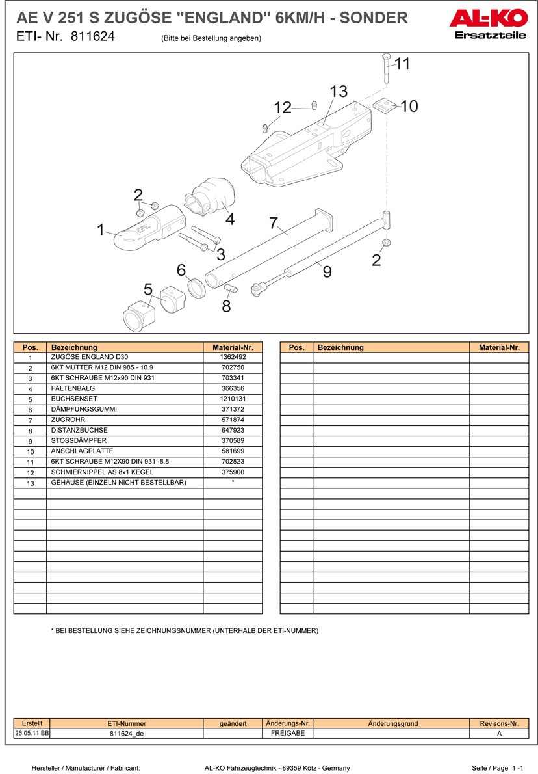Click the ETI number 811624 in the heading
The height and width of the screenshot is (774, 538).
point(92,37)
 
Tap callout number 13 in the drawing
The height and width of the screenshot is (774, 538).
point(339,92)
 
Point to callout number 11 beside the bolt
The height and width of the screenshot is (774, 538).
point(403,64)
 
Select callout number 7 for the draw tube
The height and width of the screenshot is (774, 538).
point(274,223)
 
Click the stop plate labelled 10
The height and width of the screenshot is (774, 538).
point(387,105)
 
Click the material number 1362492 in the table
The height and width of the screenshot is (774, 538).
point(233,357)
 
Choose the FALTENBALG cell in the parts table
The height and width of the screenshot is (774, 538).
point(73,388)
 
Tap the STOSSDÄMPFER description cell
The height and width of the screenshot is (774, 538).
point(79,440)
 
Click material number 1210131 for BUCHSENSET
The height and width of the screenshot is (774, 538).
point(233,399)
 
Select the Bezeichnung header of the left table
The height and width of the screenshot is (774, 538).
point(74,347)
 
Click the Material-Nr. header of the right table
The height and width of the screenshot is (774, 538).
point(499,347)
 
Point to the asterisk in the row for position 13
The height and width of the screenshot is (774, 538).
point(233,482)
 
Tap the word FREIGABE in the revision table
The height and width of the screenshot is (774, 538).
point(287,733)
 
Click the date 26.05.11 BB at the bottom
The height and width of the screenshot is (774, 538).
point(32,733)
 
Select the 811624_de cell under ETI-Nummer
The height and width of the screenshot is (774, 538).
point(126,733)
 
